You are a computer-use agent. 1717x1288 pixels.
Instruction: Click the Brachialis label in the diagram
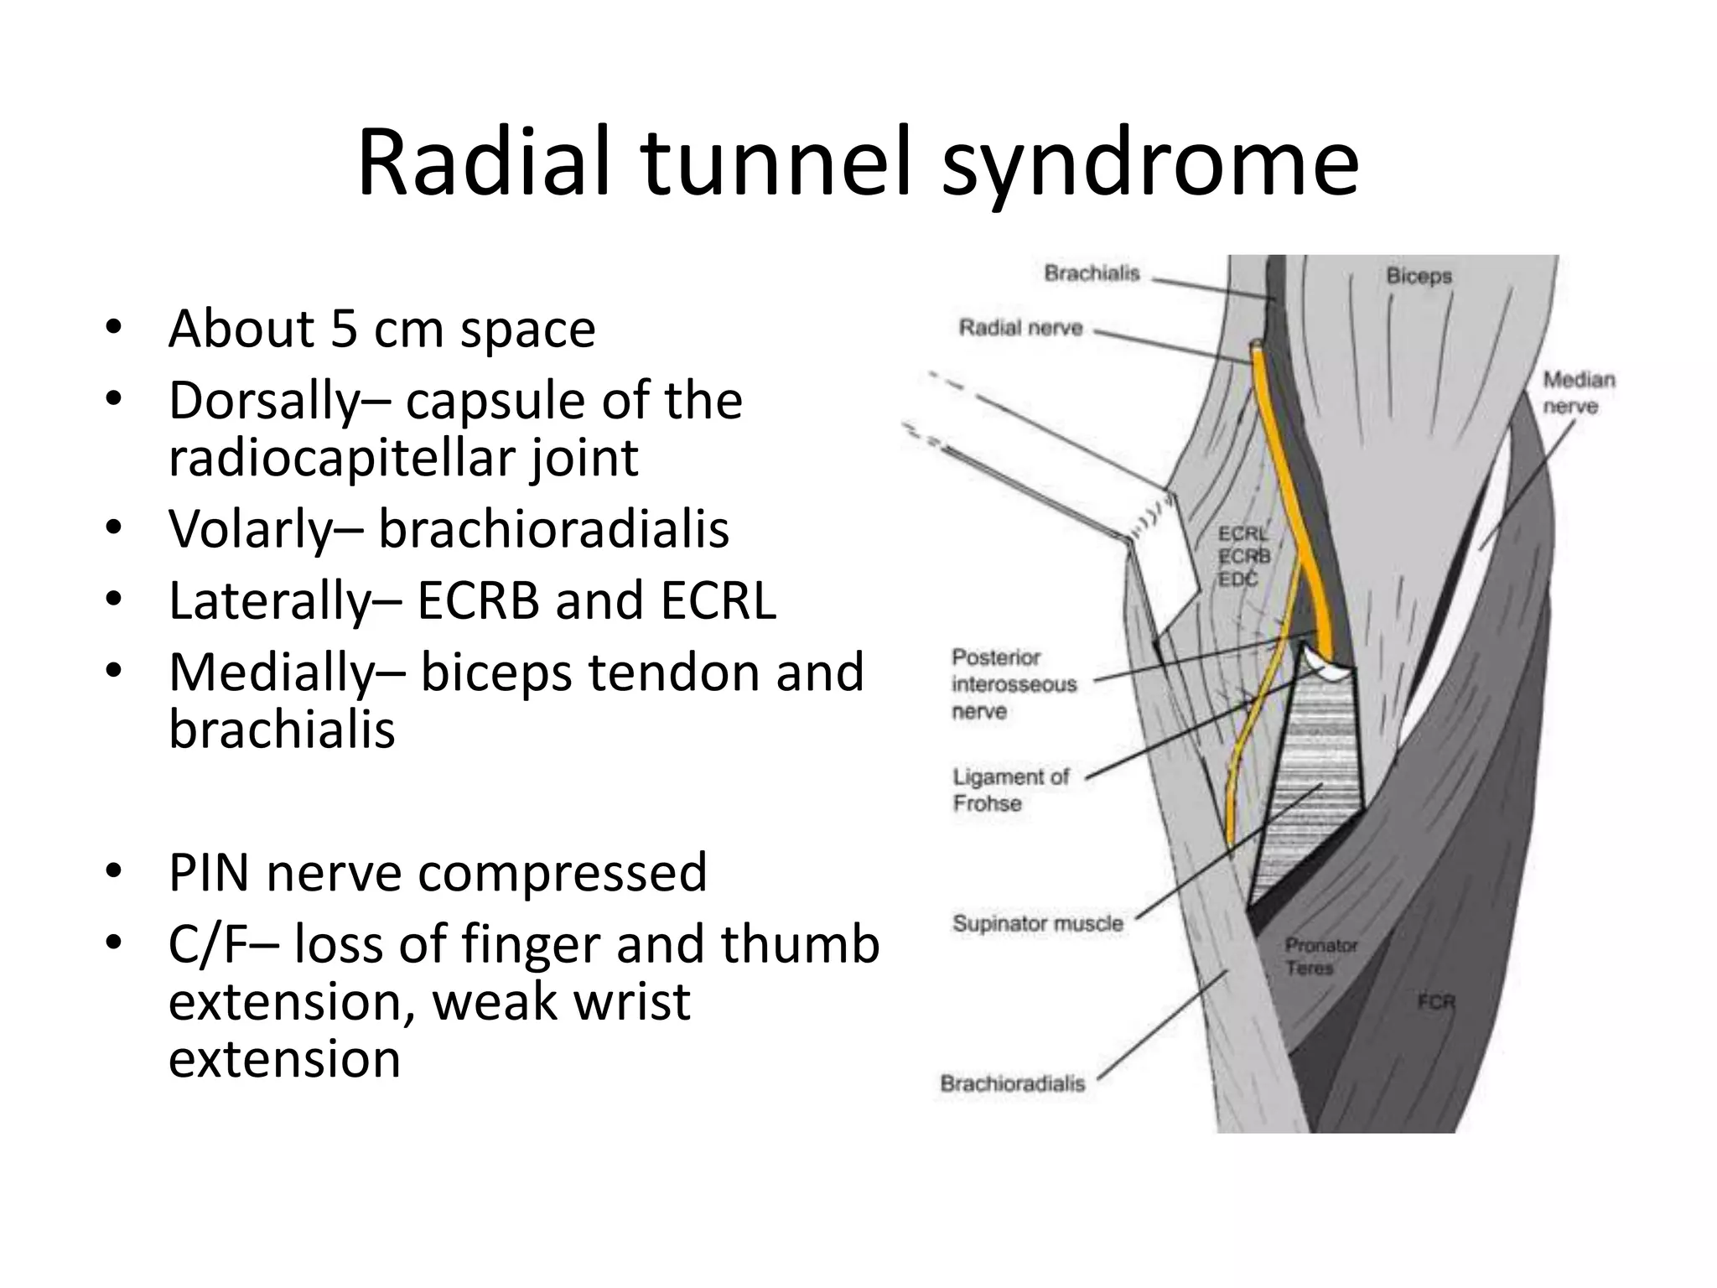tap(1092, 273)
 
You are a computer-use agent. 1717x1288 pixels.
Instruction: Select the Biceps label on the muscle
tap(1419, 276)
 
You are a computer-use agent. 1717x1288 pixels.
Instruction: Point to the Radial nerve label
tap(1020, 328)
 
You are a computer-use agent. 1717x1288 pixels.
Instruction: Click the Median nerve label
tap(1579, 392)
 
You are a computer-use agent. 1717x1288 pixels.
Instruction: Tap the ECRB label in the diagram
tap(1244, 556)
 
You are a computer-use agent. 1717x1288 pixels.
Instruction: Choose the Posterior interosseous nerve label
tap(1014, 684)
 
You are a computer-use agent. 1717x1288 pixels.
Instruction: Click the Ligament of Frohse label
tap(1010, 790)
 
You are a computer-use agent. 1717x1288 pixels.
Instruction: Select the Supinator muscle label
tap(1037, 923)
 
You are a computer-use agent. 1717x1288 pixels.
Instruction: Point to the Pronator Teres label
tap(1320, 957)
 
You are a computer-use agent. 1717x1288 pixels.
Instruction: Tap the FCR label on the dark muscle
tap(1435, 1001)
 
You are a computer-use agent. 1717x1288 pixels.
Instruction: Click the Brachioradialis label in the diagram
tap(1012, 1083)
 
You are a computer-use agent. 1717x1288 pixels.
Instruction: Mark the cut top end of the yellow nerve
tap(1257, 345)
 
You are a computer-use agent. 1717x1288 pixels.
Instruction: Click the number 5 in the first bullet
tap(344, 329)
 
